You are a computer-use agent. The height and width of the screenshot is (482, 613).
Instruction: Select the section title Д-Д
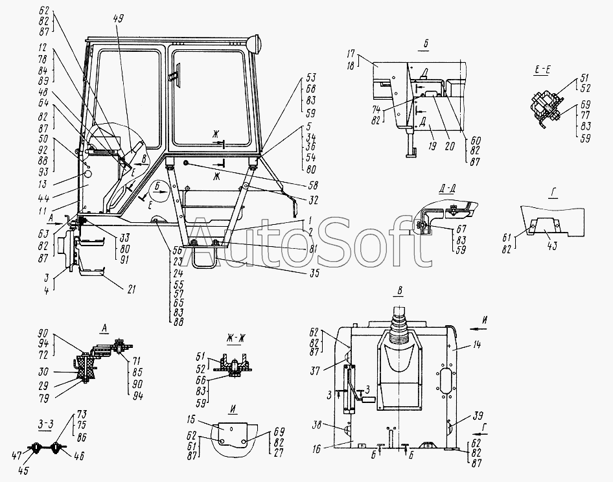446,189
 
